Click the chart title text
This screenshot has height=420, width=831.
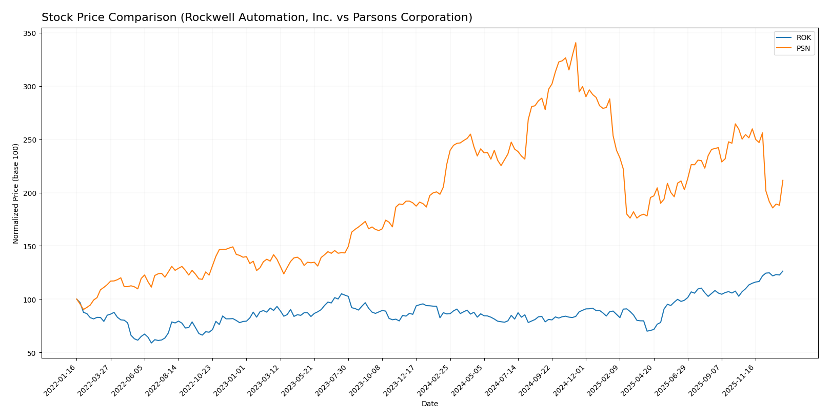click(256, 17)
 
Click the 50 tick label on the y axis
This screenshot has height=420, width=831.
click(31, 353)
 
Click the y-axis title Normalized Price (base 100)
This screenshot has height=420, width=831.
click(16, 193)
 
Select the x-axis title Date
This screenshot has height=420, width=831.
click(429, 404)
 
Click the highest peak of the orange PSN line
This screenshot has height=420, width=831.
click(576, 43)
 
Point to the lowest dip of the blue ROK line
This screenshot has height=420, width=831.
click(151, 343)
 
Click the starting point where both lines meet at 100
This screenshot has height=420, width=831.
click(76, 299)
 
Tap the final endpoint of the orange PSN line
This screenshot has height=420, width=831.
click(783, 180)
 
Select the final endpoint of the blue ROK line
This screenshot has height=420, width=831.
click(783, 271)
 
